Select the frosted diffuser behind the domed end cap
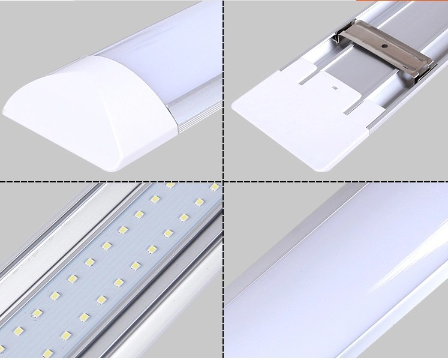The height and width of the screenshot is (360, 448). tap(156, 42)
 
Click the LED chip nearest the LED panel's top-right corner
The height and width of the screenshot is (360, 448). tap(214, 188)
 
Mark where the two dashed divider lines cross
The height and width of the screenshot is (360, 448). tap(223, 181)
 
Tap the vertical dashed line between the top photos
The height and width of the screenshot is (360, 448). tap(223, 90)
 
